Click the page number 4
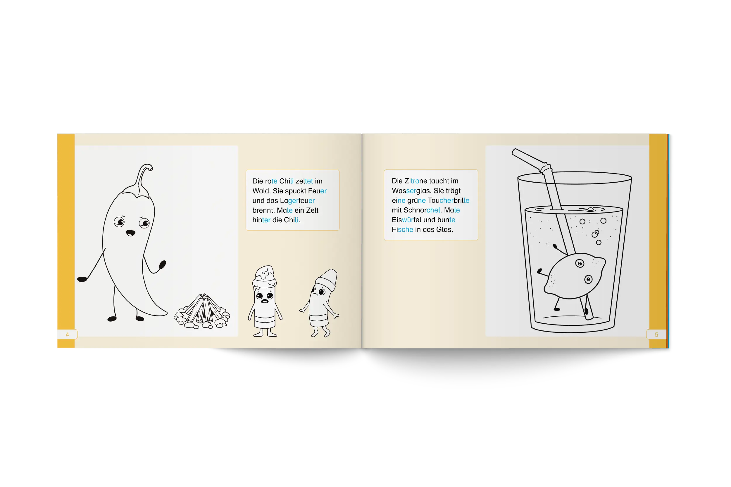(67, 335)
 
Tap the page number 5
(656, 335)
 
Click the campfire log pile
(202, 311)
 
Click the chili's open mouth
(130, 233)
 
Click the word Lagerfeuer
(297, 201)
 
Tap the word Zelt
(312, 210)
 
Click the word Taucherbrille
(449, 200)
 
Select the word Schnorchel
(422, 210)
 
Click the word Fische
(402, 229)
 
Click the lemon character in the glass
(574, 276)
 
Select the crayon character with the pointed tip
(320, 303)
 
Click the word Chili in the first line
(286, 181)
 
